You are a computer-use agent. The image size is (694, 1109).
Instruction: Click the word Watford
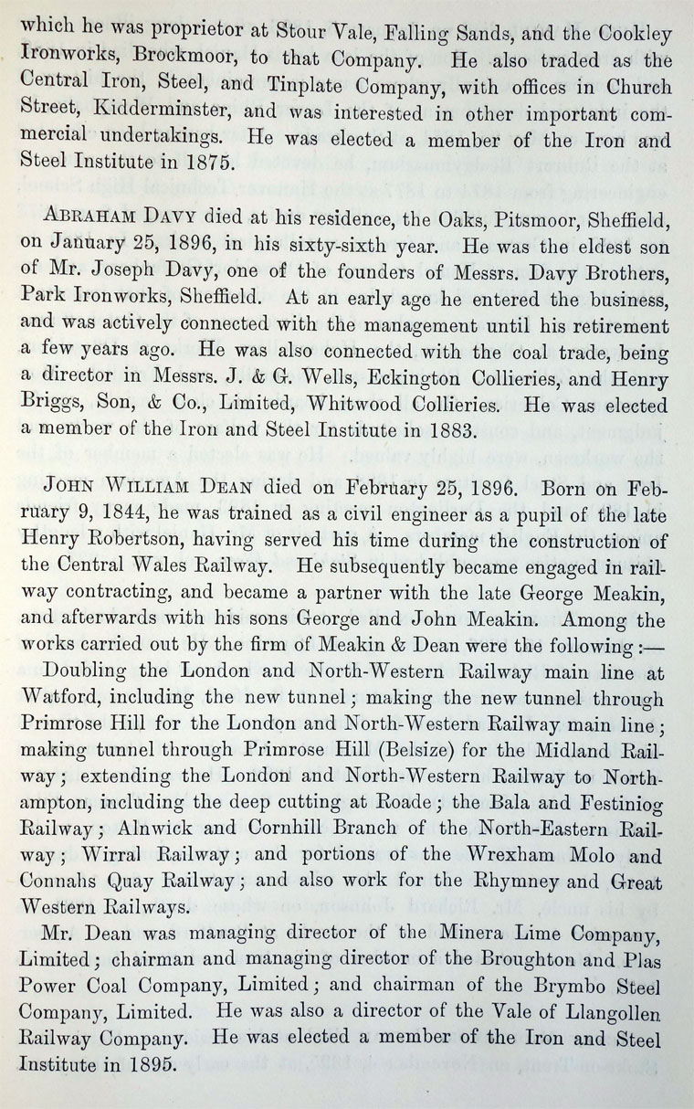[58, 701]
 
